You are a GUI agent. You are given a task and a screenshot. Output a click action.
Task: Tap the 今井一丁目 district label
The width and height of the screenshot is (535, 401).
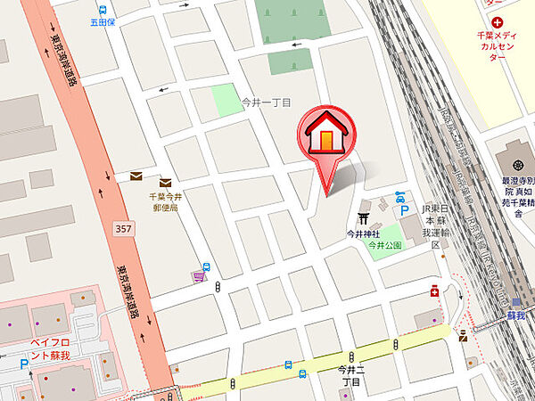click(x=267, y=103)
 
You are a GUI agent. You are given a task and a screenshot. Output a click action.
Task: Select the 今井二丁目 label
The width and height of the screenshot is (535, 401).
click(x=351, y=374)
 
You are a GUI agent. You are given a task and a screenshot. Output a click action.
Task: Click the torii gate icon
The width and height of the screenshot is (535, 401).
click(x=364, y=218)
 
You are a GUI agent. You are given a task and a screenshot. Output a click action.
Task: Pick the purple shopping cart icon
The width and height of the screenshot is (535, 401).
click(x=197, y=278)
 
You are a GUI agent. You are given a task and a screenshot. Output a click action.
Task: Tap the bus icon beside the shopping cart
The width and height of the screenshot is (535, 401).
click(x=207, y=266)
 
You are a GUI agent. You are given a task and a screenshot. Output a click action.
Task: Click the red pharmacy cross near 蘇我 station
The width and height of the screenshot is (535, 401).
click(x=434, y=291)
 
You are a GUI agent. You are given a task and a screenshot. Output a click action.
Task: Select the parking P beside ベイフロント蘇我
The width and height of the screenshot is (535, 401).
click(x=24, y=364)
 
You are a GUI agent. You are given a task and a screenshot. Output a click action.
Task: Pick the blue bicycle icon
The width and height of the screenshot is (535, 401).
click(x=400, y=197)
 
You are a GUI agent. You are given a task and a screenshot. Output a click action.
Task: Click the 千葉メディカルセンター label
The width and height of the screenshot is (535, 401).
click(x=504, y=47)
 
